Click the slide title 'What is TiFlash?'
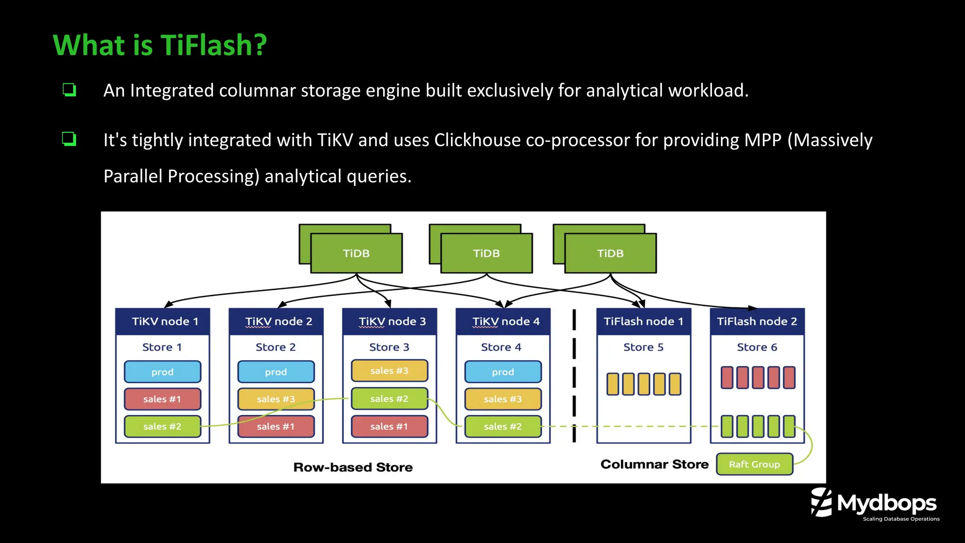click(160, 46)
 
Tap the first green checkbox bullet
click(69, 90)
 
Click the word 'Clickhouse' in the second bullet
click(477, 140)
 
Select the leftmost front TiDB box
click(356, 253)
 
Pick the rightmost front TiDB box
click(610, 253)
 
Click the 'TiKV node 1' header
click(163, 321)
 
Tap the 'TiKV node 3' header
click(390, 321)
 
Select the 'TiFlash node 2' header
click(757, 321)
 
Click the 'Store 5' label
click(643, 347)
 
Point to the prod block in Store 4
click(503, 372)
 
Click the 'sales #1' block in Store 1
click(162, 399)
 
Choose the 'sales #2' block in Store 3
click(389, 399)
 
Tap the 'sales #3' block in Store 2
click(276, 399)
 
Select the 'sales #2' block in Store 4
click(503, 427)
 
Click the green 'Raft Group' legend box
click(754, 464)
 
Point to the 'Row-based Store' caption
click(353, 468)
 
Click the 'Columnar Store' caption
click(654, 465)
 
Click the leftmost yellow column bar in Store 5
click(613, 384)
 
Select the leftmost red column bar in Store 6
click(727, 378)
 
